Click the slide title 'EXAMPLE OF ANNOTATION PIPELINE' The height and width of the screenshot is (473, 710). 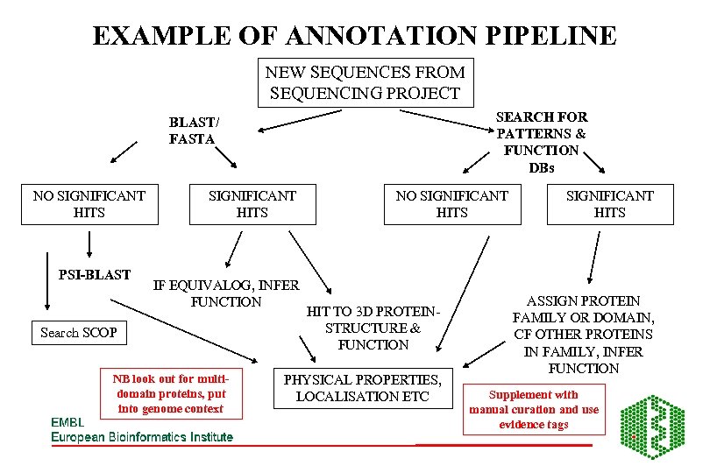(354, 36)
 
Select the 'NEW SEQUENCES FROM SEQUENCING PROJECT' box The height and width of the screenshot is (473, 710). (365, 82)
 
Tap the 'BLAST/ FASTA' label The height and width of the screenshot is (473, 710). (194, 131)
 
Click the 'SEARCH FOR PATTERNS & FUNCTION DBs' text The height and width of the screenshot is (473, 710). (542, 142)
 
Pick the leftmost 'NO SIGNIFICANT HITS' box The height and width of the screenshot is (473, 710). (89, 204)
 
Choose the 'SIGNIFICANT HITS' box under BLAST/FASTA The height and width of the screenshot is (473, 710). (252, 204)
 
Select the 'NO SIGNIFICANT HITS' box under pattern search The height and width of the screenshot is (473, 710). (451, 204)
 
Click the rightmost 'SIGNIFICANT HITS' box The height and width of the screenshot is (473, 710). (609, 204)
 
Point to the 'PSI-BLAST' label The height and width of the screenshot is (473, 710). (94, 275)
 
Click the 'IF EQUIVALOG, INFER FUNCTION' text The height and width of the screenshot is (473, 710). (226, 293)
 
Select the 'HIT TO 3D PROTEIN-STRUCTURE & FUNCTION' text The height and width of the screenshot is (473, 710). (373, 328)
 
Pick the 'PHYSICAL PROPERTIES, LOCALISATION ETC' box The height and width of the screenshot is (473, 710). (361, 388)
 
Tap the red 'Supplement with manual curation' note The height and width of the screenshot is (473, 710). (534, 409)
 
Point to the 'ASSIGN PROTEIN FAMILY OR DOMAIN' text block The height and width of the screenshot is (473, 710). (583, 334)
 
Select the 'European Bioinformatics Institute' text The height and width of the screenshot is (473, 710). (142, 437)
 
